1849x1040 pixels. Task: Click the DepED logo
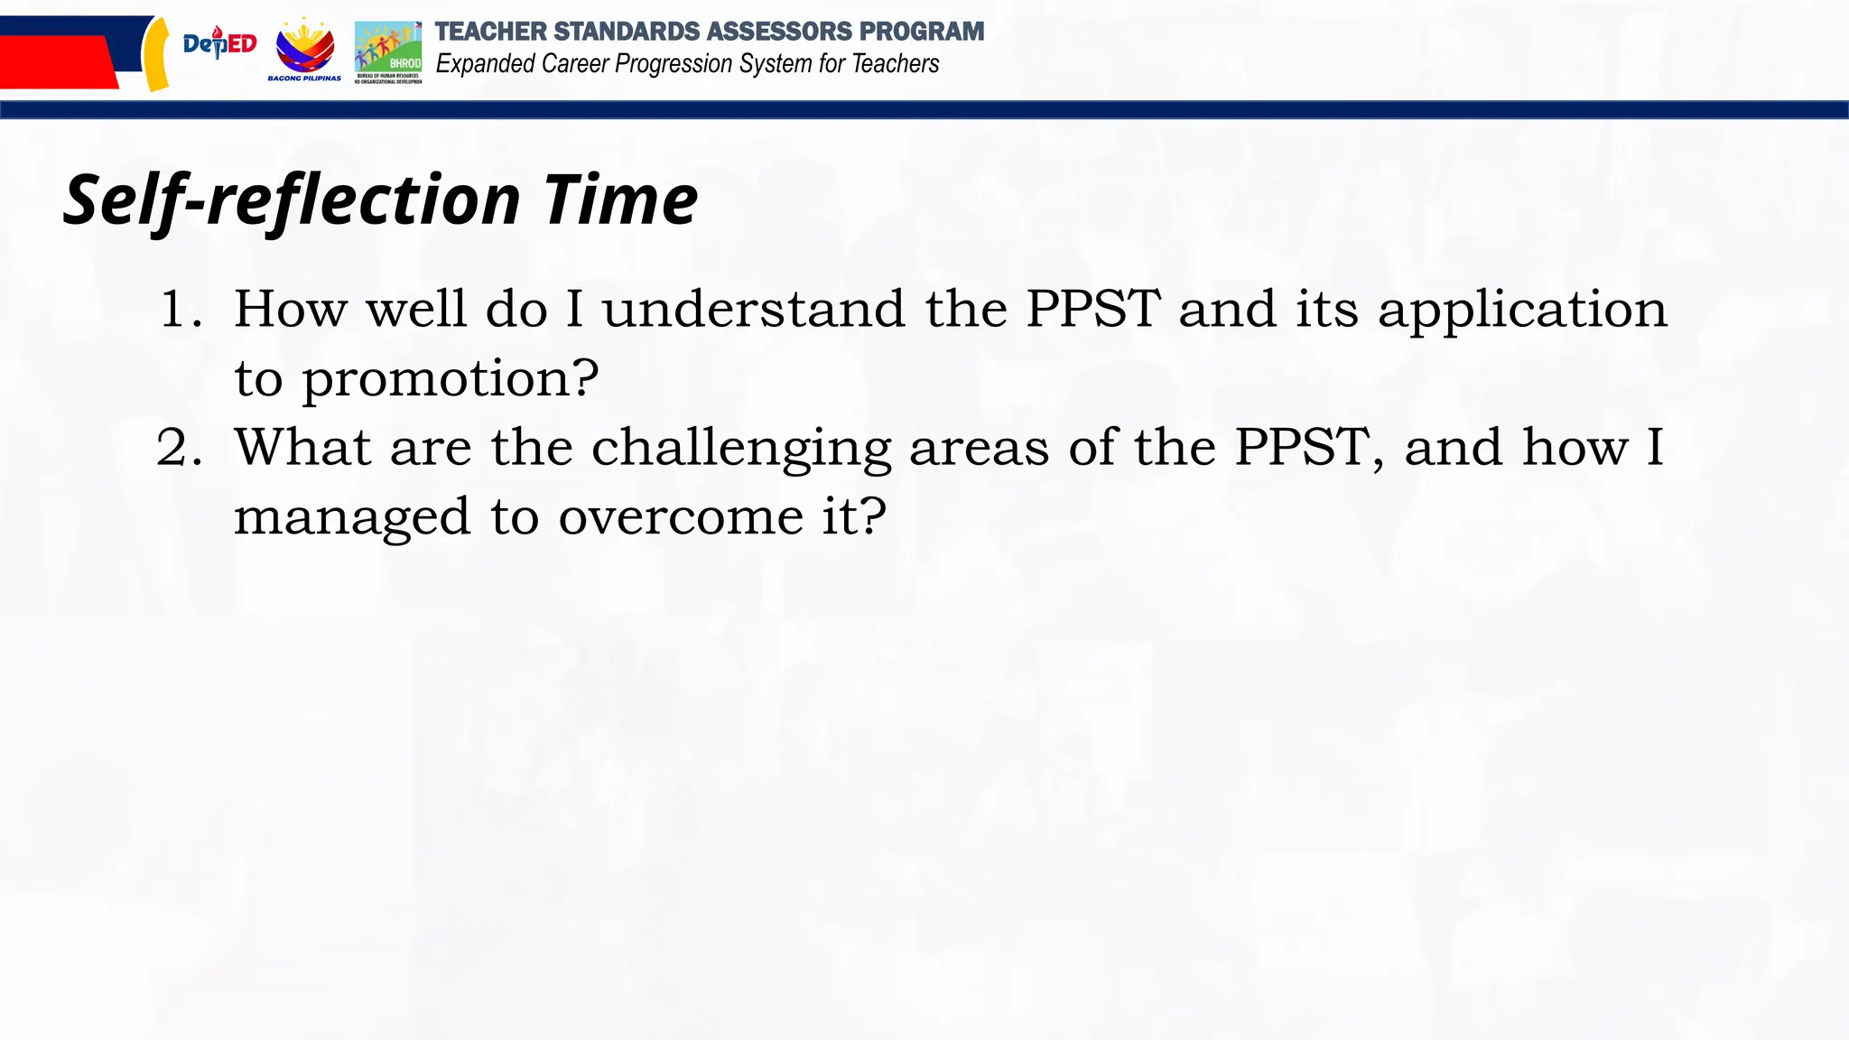point(219,42)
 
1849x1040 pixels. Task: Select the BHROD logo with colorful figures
point(388,51)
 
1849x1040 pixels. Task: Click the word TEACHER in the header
point(490,32)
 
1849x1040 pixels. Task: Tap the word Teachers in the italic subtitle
point(895,64)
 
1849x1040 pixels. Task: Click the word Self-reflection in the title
point(292,200)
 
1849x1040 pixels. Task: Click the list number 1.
point(179,310)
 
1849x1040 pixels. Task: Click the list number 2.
point(178,448)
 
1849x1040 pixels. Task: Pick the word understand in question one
point(753,310)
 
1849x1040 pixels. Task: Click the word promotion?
point(450,379)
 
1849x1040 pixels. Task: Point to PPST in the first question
point(1092,310)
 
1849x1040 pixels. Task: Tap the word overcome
point(681,517)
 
